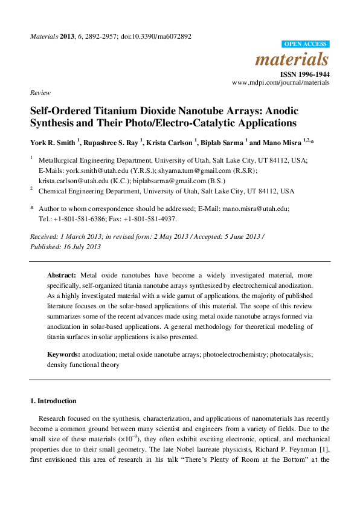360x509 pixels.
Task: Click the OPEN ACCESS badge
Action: tap(306, 44)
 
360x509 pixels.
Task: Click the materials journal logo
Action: tap(292, 60)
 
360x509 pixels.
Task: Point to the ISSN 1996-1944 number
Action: tap(306, 74)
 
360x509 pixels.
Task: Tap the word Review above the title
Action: tap(39, 92)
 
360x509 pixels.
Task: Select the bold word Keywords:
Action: tap(64, 354)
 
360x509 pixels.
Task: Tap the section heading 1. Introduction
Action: tap(53, 401)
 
